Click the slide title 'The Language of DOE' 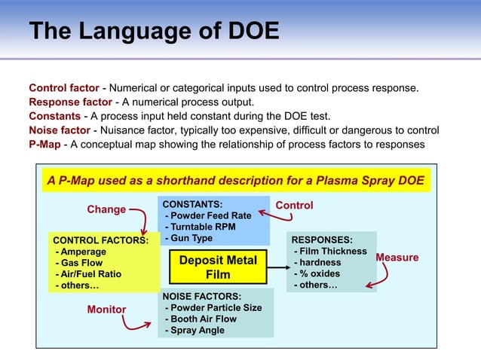tap(154, 32)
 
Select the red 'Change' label tap(106, 209)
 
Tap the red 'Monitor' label tap(106, 310)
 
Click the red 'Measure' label tap(397, 258)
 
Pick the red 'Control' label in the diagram tap(294, 206)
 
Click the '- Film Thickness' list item tap(329, 251)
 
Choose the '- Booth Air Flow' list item tap(201, 319)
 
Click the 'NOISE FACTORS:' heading tap(202, 296)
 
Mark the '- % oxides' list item tap(317, 274)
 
